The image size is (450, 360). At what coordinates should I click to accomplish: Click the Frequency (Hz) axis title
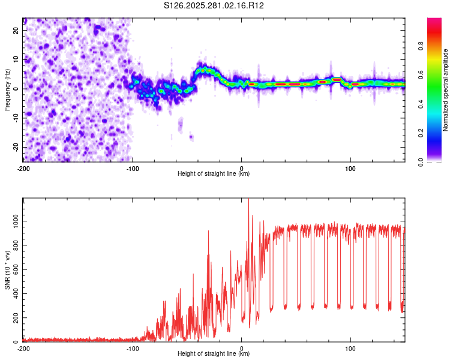[8, 89]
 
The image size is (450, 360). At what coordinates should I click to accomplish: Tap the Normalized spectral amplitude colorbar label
[445, 90]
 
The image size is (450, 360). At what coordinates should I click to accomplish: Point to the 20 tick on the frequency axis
[16, 30]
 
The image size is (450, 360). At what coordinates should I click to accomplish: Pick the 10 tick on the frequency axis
[16, 59]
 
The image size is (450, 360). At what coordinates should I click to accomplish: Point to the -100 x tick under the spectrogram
[132, 167]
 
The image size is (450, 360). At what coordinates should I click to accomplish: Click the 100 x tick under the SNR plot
[351, 348]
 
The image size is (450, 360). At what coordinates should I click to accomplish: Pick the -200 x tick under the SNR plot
[23, 348]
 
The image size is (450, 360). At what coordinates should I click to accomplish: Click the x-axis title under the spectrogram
[214, 173]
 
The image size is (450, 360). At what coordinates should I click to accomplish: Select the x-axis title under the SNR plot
[214, 354]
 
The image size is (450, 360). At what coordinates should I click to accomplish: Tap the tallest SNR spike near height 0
[248, 201]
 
